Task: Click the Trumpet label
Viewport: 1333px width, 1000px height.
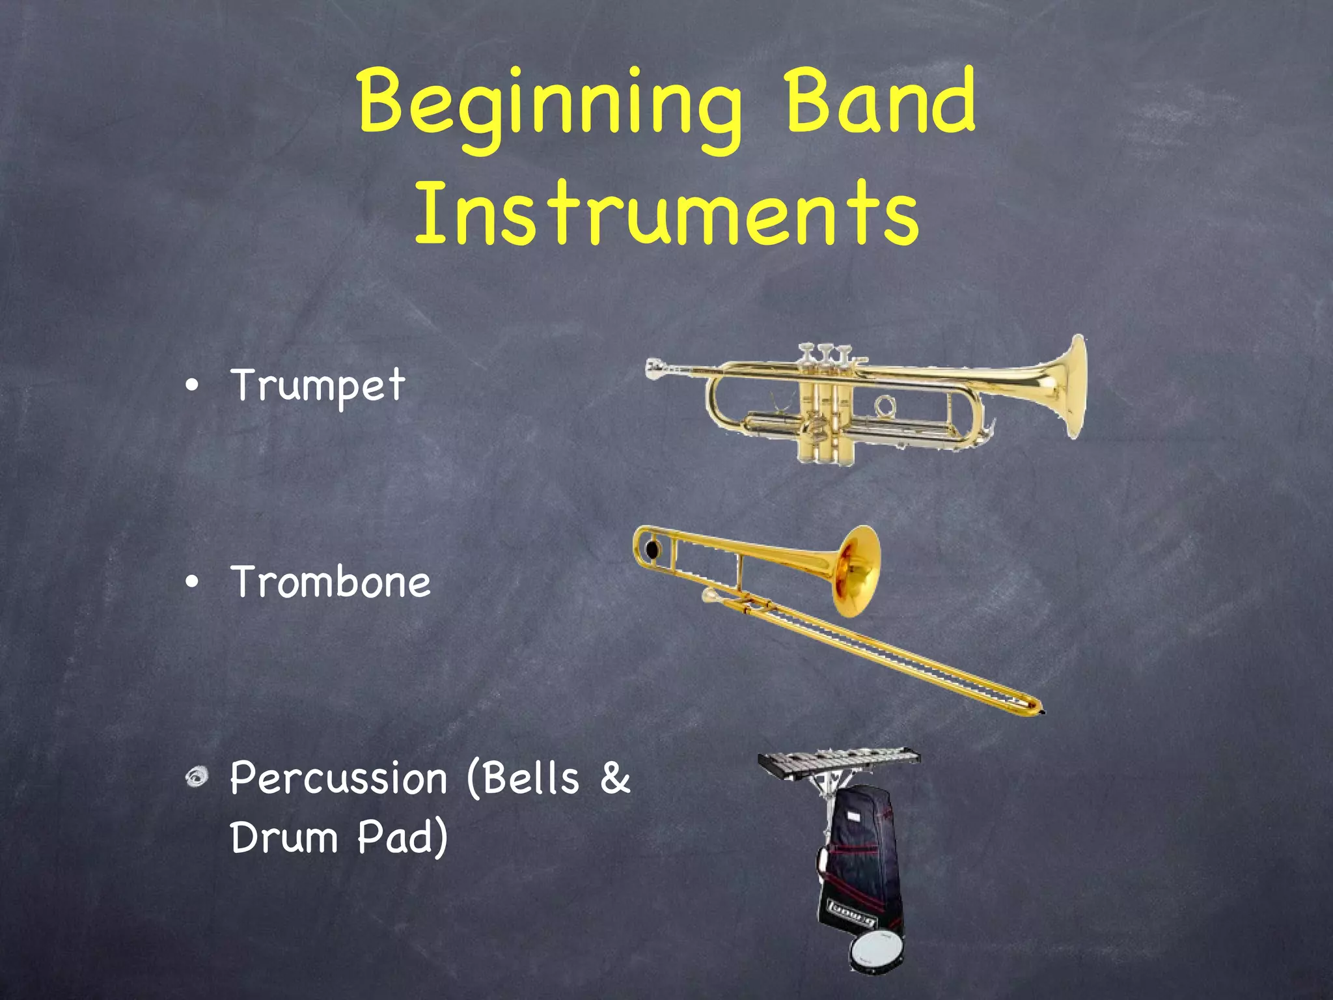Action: (318, 385)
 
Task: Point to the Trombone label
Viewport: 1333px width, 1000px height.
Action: (330, 581)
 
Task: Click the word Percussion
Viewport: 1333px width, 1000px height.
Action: (338, 779)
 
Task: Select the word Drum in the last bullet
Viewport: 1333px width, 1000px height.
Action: (284, 837)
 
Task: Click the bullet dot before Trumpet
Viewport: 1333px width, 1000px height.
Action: (192, 386)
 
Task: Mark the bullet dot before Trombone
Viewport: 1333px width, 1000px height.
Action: (192, 583)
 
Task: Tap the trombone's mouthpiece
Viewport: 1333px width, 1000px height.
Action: (711, 595)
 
